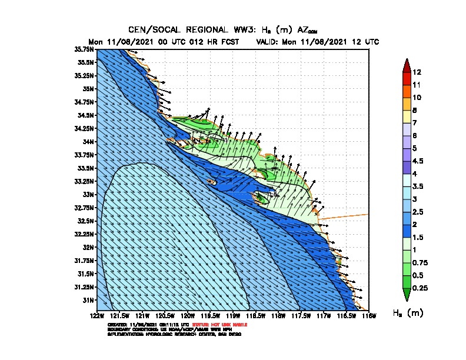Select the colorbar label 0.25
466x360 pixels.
coord(421,288)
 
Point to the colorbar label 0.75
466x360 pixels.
coord(421,262)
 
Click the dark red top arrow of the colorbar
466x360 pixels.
coord(406,65)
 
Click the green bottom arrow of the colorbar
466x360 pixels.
coord(406,294)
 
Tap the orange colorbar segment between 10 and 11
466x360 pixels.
coord(406,91)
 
